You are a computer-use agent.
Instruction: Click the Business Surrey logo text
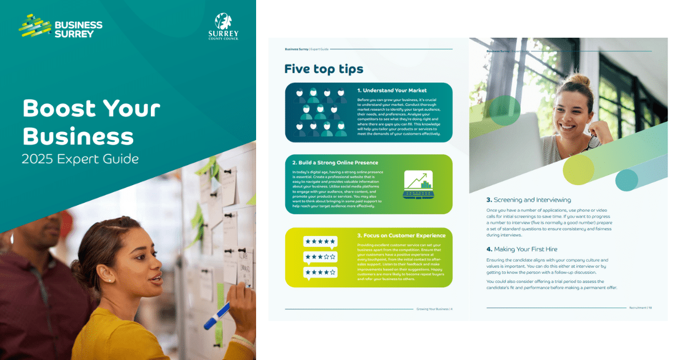78,29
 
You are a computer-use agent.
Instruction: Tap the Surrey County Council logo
223,26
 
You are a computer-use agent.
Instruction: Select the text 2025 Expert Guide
80,158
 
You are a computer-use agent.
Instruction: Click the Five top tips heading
324,69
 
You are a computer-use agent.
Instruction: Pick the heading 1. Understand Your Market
393,90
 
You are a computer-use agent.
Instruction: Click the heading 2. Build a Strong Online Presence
335,162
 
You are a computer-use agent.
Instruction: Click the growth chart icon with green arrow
418,183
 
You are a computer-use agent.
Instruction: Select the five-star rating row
320,242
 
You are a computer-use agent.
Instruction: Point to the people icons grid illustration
321,113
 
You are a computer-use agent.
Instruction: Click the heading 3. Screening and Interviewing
528,200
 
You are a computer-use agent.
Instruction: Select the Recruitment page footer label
640,307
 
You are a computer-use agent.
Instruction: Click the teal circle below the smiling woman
627,180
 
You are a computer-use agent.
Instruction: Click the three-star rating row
320,257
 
